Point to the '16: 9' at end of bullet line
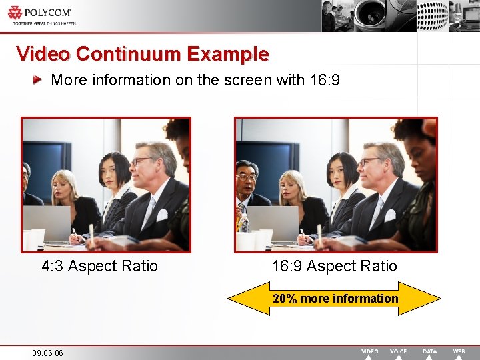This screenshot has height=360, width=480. pos(326,81)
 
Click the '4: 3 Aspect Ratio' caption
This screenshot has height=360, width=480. pos(99,267)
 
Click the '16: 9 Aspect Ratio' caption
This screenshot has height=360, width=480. pos(334,267)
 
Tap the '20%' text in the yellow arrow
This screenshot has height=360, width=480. pos(285,299)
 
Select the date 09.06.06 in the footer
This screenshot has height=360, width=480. pos(47,353)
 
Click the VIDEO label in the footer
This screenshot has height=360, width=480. pos(370,351)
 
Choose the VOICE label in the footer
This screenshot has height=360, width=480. pos(399,351)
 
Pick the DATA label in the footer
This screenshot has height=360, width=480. pos(430,351)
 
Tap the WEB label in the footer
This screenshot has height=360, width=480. pos(459,351)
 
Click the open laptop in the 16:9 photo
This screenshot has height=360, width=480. pos(272,220)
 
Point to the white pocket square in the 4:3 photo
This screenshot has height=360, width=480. pos(162,215)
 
